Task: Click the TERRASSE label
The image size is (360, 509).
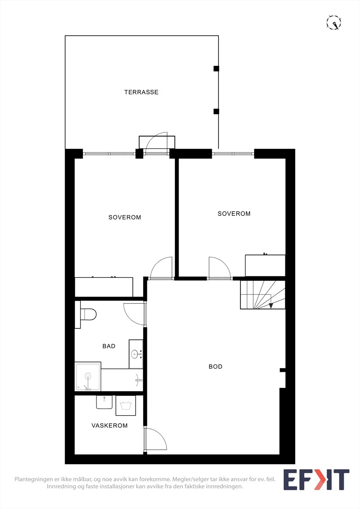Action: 141,92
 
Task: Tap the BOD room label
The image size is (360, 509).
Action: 215,366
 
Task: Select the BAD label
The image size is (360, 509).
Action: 109,346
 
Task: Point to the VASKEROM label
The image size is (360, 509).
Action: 109,425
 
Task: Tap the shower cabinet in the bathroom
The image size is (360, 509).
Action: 88,377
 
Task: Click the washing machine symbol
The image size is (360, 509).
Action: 126,406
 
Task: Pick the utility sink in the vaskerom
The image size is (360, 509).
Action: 104,402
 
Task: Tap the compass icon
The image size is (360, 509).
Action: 334,23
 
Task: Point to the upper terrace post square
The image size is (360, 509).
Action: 216,69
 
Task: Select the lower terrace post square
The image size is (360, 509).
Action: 216,111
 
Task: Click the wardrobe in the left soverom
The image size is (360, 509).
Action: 104,287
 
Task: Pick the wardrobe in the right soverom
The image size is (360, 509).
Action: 265,265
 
